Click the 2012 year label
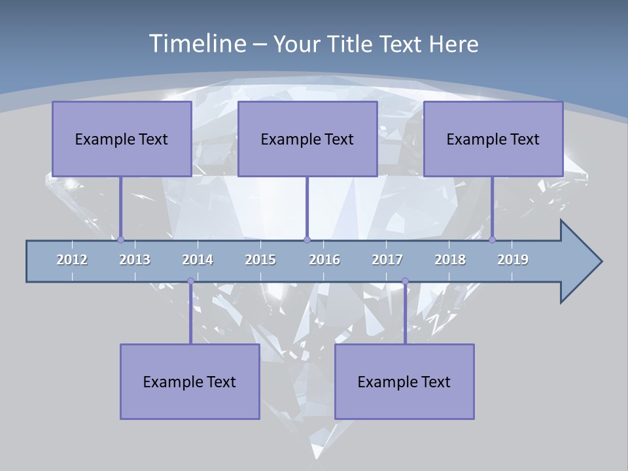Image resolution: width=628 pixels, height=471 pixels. (x=72, y=260)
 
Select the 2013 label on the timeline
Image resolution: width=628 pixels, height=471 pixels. (x=135, y=260)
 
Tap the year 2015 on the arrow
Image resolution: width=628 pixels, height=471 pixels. (x=260, y=260)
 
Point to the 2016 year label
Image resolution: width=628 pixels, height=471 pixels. (x=324, y=260)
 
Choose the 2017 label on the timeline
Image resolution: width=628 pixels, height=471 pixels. (x=387, y=260)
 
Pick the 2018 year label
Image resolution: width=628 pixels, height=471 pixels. (x=450, y=260)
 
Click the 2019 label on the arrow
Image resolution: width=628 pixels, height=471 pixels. (x=513, y=260)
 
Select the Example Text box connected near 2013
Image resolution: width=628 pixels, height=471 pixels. (x=122, y=139)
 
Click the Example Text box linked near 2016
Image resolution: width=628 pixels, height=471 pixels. (x=307, y=139)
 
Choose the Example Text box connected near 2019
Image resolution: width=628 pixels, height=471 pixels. (x=493, y=139)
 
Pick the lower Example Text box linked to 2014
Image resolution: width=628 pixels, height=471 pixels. (x=190, y=381)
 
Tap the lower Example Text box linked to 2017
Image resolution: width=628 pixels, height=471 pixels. (x=404, y=381)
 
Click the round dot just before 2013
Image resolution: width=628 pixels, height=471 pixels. (x=120, y=239)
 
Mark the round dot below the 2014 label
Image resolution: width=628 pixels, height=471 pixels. (x=190, y=281)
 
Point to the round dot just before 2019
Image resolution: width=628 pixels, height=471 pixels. (x=492, y=239)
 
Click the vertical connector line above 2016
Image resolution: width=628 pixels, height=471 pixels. (x=307, y=206)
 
